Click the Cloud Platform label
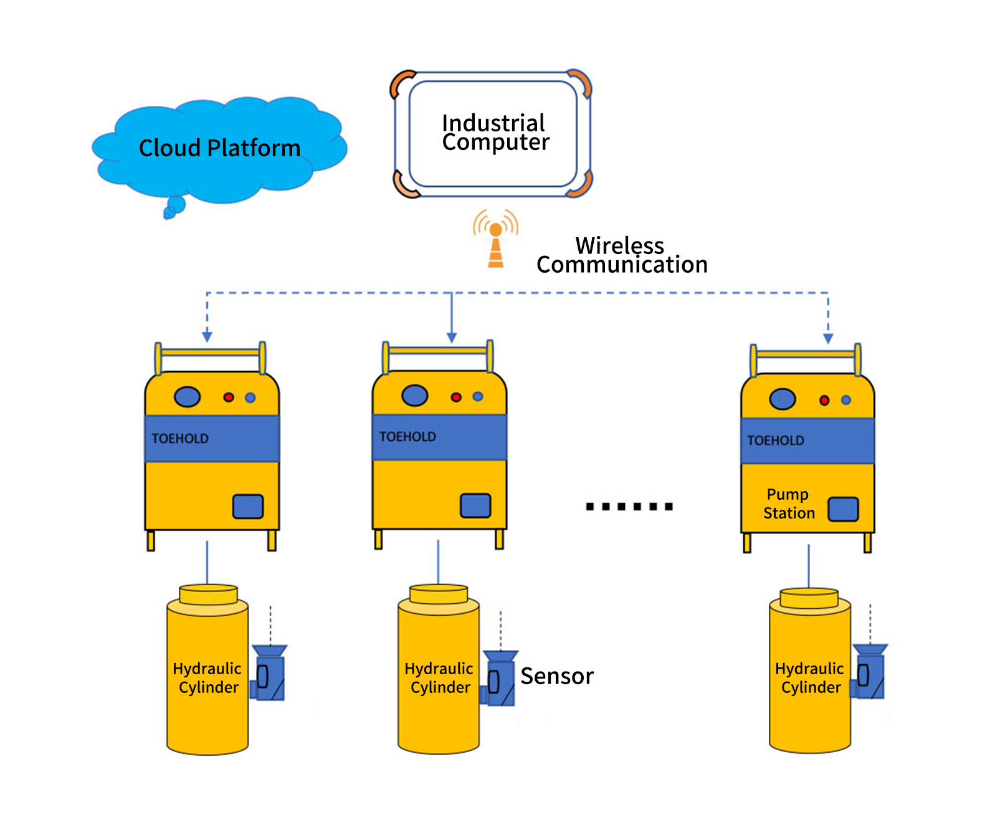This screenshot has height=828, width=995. coord(219,148)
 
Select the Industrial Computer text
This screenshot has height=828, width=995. coord(495,133)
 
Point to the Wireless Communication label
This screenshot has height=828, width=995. coord(621,255)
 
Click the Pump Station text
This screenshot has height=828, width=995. coord(789,504)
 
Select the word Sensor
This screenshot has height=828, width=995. coord(557,676)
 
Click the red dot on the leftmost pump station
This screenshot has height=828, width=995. coord(229,397)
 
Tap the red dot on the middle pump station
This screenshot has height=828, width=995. coord(456,397)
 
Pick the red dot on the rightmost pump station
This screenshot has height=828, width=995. coord(824,400)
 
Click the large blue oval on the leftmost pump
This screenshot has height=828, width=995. coord(187,397)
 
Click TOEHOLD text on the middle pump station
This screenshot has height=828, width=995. coord(407,437)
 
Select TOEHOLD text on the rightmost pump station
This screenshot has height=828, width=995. coord(776,441)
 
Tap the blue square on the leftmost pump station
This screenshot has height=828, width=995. coord(248,506)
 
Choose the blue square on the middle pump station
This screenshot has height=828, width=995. coord(475,505)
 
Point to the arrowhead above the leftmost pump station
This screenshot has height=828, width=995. coord(207,337)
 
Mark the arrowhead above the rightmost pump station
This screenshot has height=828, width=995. coord(828,339)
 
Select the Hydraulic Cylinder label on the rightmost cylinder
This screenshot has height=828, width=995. coord(810,678)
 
